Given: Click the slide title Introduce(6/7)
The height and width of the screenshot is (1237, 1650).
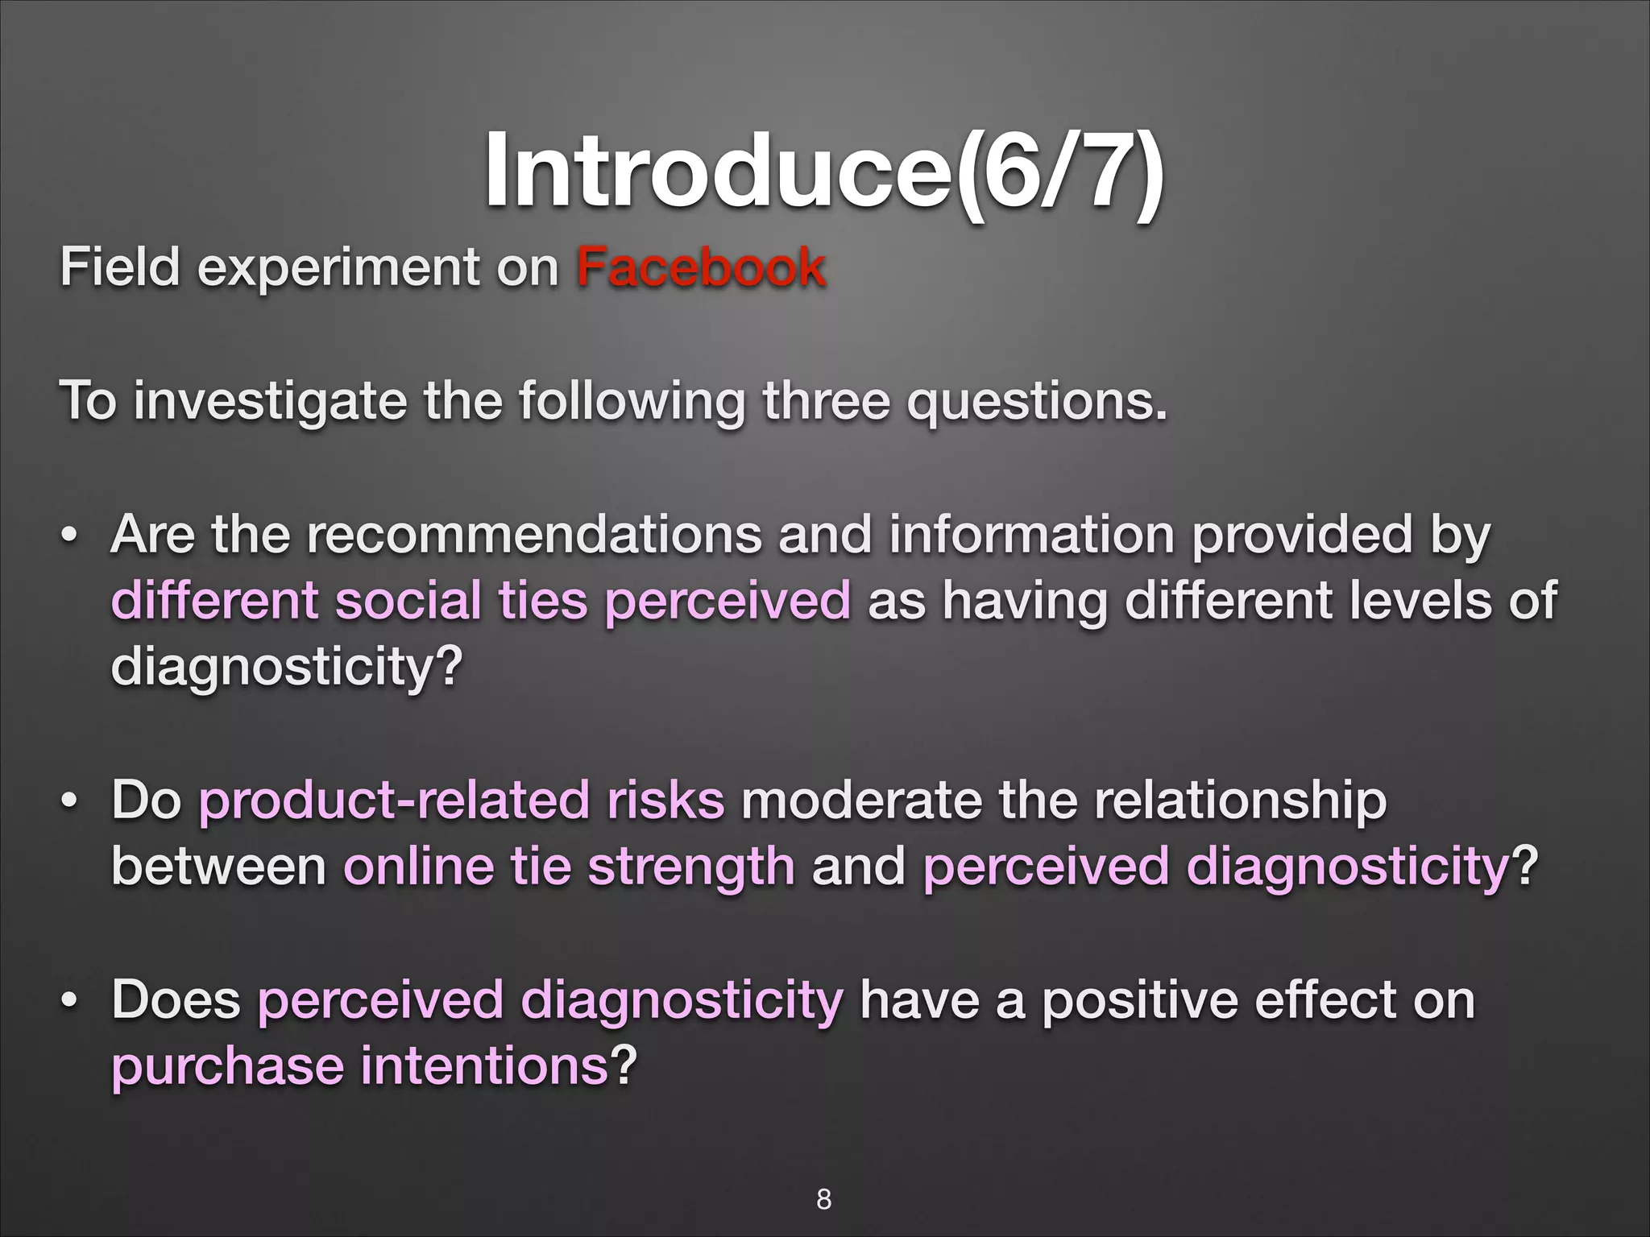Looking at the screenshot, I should coord(823,172).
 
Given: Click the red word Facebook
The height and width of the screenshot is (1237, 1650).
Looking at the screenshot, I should coord(701,267).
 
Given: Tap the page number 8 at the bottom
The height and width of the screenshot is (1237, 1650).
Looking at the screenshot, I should coord(823,1199).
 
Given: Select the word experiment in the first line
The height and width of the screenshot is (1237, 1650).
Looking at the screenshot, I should coord(338,269).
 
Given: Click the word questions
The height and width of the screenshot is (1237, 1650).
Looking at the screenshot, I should coord(1036,402).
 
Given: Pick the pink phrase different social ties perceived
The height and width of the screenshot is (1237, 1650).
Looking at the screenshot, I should coord(480,602).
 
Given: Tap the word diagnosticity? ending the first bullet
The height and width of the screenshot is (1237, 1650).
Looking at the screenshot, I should coord(287,668).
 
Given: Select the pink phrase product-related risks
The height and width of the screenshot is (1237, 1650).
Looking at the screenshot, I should coord(462,801).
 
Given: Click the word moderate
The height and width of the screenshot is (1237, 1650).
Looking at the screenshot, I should coord(860,801).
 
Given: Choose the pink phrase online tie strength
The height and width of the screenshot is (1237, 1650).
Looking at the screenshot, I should coord(570,867).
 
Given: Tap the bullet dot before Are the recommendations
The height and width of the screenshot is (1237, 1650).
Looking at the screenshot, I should coord(70,536).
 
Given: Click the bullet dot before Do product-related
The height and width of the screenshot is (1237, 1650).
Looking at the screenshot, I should coord(70,802).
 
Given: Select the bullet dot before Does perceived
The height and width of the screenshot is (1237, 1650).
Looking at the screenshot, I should coord(70,1002).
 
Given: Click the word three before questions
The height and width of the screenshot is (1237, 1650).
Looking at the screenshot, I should coord(826,402).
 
